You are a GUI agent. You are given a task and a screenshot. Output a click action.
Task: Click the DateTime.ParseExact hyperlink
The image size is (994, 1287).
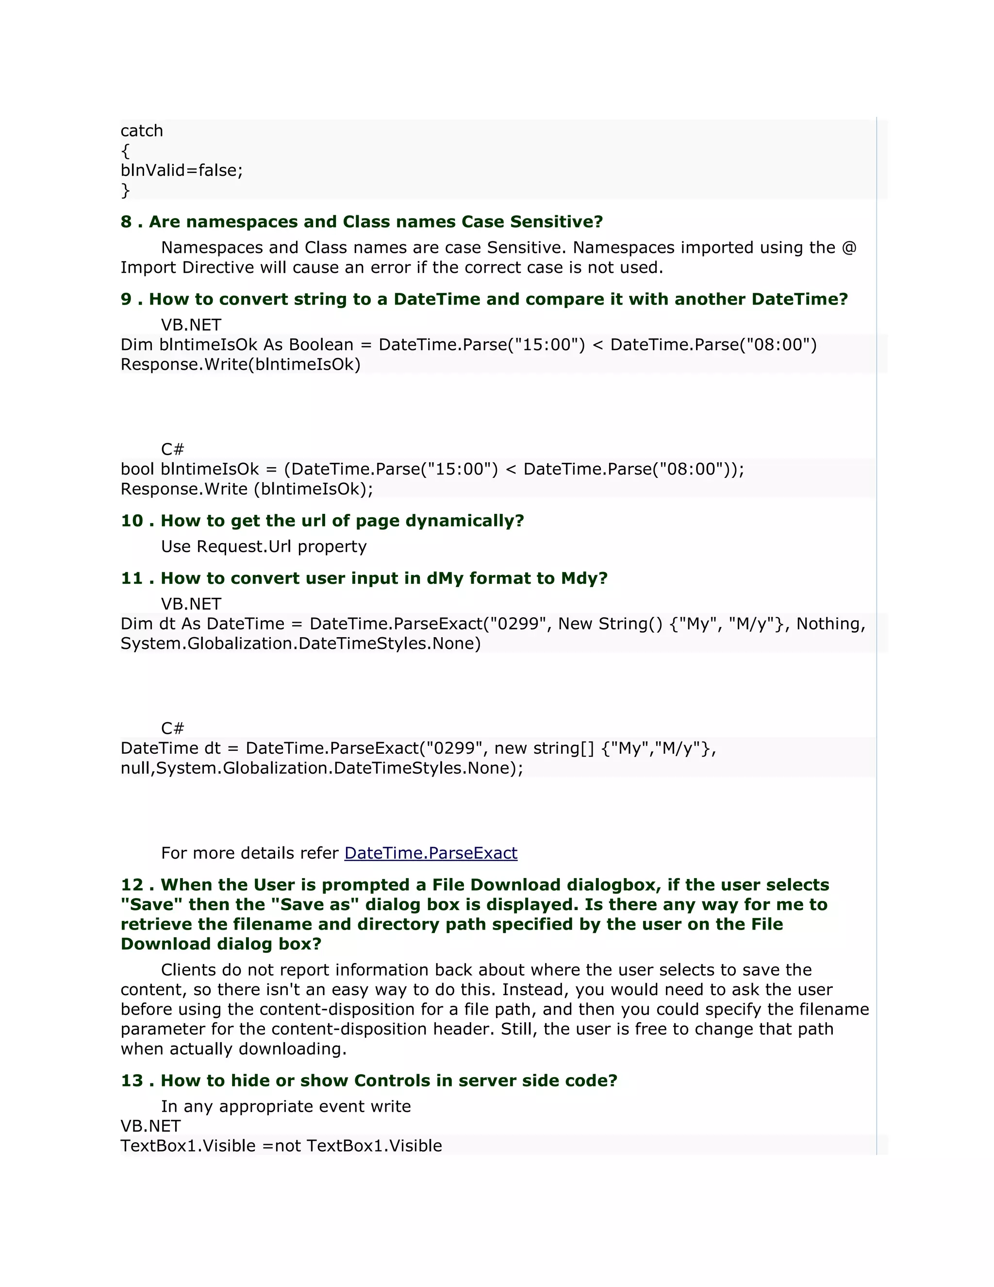coord(431,853)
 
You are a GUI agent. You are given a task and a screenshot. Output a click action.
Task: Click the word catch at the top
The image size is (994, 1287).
coord(141,131)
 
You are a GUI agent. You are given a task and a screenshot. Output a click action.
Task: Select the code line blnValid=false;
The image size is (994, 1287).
coord(182,170)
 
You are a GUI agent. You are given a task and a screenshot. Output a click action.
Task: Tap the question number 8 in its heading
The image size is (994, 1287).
coord(126,221)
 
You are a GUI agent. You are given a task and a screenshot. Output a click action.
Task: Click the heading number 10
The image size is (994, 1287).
coord(132,521)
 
